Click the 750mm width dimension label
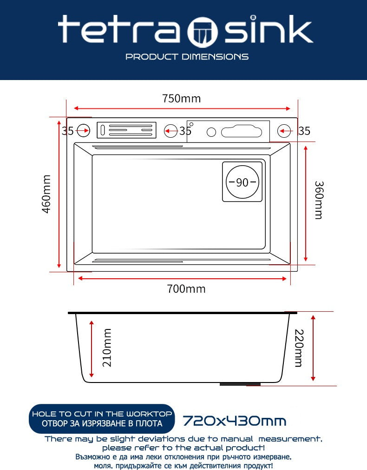[x=181, y=99]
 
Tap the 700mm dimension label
[x=186, y=289]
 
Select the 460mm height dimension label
[x=47, y=194]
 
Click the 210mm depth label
[x=107, y=347]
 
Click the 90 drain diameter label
[x=242, y=182]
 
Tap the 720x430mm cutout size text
[x=234, y=422]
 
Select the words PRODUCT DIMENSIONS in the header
[x=187, y=57]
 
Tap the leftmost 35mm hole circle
[x=84, y=131]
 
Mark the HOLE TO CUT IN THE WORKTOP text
[x=102, y=414]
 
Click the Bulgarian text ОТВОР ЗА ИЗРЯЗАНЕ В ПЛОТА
[x=102, y=423]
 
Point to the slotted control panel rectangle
[x=126, y=130]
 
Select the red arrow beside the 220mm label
[x=314, y=348]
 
